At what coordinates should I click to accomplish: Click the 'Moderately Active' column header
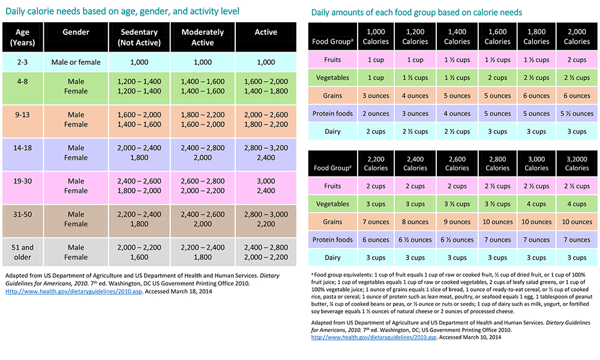coord(202,37)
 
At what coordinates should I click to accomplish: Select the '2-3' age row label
coord(22,62)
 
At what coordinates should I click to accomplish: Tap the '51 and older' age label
coord(22,252)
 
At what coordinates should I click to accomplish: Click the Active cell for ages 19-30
coord(266,185)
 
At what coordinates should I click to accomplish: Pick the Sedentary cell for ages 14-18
coord(139,152)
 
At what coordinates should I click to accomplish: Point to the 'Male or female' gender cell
coord(76,62)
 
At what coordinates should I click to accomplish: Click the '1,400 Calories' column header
coord(457,37)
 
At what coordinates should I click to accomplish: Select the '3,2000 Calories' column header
coord(577,163)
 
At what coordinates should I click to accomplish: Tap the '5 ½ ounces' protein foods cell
coord(577,113)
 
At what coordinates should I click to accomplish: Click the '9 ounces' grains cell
coord(457,222)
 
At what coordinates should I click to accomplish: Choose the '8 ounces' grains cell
coord(415,222)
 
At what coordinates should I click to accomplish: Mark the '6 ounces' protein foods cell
coord(376,240)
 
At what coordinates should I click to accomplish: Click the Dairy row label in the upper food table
coord(332,131)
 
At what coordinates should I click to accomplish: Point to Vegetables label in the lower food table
coord(332,204)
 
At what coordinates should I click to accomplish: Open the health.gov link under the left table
coord(73,292)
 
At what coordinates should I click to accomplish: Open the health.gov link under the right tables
coord(373,337)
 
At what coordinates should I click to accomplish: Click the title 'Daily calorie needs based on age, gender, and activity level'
coord(122,11)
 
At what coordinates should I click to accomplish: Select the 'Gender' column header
coord(76,32)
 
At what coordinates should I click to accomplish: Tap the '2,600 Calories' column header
coord(457,163)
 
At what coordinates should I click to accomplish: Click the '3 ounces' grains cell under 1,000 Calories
coord(376,95)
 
